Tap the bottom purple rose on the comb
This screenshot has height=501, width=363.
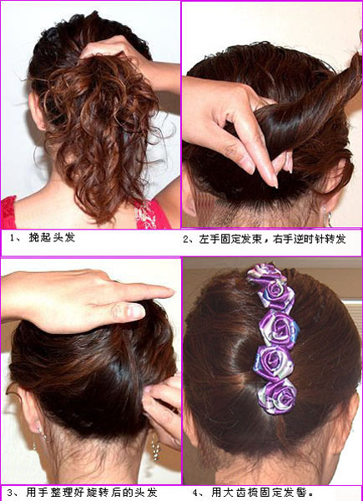coord(277,396)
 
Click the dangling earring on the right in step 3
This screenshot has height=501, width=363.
coord(155,447)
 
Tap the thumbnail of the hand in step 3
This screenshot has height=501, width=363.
coord(136,311)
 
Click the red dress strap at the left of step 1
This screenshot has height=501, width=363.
coord(8,212)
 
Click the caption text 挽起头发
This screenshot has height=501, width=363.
coord(52,238)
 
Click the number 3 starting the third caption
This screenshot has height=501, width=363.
coord(10,492)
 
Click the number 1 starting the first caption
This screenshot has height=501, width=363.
coord(13,238)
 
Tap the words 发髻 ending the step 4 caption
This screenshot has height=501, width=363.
coord(293,492)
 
